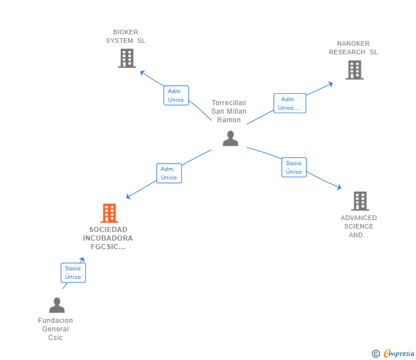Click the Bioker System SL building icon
click(126, 58)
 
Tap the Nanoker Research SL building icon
click(354, 70)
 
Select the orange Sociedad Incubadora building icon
click(109, 213)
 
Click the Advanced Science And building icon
click(359, 201)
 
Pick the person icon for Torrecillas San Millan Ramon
click(230, 138)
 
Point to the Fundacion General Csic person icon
click(57, 305)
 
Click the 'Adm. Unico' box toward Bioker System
click(176, 95)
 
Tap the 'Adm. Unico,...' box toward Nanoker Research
click(289, 103)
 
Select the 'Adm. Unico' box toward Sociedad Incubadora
click(169, 173)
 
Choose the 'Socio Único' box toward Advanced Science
click(294, 167)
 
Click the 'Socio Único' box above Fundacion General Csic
click(73, 273)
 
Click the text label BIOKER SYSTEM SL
click(126, 37)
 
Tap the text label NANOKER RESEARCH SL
click(353, 48)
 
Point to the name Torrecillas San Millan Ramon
click(229, 111)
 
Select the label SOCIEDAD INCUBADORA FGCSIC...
click(107, 238)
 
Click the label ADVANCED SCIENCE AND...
click(359, 226)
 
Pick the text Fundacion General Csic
click(55, 329)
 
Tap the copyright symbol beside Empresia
click(376, 354)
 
